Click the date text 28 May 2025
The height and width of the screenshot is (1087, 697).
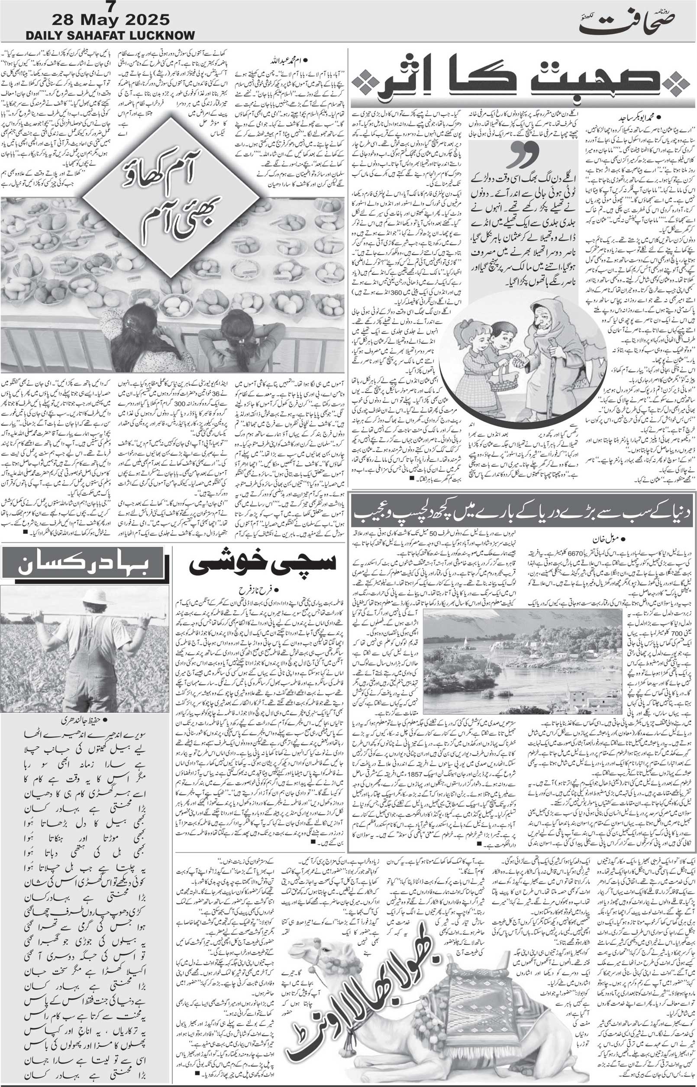(x=111, y=20)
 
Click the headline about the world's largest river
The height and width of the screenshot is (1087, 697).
(x=523, y=512)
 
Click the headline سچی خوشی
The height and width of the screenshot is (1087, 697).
(x=263, y=565)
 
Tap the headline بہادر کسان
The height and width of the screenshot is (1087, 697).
(x=86, y=565)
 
